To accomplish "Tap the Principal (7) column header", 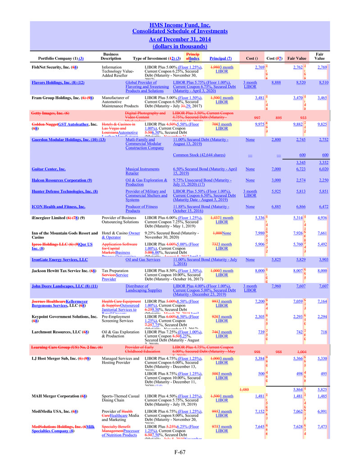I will (221, 58).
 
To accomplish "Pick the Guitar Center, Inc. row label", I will (48, 169).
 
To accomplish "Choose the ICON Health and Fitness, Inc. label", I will (59, 206).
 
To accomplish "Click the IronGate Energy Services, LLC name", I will (59, 260).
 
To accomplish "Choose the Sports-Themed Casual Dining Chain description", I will (120, 398).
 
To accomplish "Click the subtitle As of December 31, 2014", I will (180, 39).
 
